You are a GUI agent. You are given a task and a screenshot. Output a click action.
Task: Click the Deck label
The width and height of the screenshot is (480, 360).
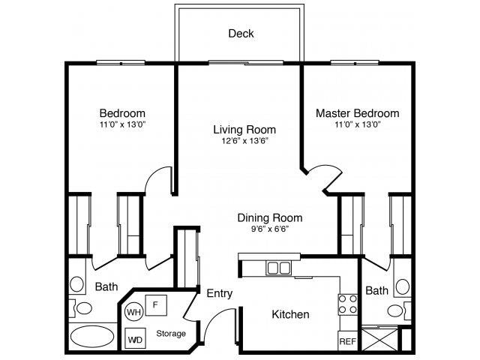(x=241, y=34)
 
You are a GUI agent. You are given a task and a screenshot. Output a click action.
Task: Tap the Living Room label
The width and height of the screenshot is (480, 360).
(x=244, y=129)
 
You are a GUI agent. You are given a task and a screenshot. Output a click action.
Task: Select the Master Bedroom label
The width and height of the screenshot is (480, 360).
(x=357, y=113)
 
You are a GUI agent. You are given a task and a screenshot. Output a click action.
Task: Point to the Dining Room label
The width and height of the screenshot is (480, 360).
(x=270, y=218)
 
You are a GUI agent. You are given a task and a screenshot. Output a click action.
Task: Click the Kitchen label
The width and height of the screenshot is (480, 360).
(x=290, y=314)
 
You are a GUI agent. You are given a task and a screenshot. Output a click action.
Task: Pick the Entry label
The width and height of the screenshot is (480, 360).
(x=218, y=293)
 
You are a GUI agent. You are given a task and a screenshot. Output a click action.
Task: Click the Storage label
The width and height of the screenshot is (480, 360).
(x=171, y=333)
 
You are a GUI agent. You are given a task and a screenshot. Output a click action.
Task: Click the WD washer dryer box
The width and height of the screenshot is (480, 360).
(x=136, y=338)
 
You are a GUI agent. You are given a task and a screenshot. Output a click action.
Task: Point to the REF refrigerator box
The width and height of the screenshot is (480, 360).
(x=347, y=340)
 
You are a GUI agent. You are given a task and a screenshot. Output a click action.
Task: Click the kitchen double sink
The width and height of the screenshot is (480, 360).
(x=280, y=268)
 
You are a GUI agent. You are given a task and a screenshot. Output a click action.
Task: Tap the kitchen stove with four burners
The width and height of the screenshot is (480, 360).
(x=347, y=304)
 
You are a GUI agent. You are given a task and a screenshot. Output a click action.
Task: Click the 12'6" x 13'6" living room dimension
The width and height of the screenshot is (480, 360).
(x=244, y=140)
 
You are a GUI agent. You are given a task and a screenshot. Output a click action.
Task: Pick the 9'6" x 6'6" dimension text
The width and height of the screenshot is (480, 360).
(x=270, y=229)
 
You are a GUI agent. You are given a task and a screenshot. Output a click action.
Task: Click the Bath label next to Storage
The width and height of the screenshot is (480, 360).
(x=106, y=286)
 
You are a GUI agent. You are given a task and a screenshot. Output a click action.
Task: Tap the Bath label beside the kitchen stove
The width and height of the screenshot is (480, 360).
(x=376, y=290)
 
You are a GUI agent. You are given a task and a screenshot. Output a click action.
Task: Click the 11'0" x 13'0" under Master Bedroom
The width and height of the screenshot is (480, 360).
(x=357, y=124)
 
